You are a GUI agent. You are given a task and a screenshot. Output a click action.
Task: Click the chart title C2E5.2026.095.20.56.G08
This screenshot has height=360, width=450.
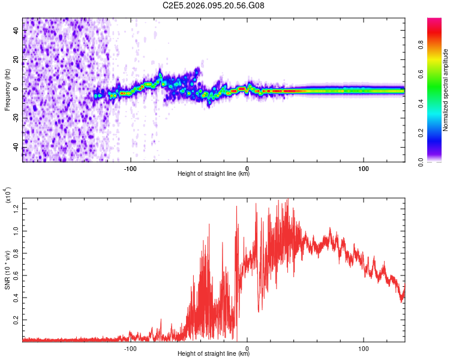(x=214, y=5)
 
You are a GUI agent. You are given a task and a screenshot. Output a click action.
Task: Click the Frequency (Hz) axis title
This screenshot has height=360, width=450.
(x=7, y=89)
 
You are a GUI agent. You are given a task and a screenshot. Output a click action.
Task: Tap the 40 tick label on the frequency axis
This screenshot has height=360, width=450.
(x=17, y=31)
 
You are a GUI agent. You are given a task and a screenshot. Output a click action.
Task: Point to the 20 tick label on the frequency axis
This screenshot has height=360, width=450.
(x=17, y=60)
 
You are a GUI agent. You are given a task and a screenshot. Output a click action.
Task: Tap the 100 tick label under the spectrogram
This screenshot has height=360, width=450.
(x=364, y=168)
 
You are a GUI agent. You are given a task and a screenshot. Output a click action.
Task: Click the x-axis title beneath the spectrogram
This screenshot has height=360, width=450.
(x=214, y=174)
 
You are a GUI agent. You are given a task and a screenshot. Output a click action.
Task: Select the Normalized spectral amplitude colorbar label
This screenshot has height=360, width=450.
(x=445, y=90)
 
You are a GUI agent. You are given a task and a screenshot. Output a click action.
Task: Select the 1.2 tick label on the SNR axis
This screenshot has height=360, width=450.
(x=17, y=208)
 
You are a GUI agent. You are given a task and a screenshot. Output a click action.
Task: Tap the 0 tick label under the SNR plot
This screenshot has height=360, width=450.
(x=247, y=348)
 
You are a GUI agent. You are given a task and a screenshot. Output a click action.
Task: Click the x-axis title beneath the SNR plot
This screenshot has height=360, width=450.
(x=214, y=354)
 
